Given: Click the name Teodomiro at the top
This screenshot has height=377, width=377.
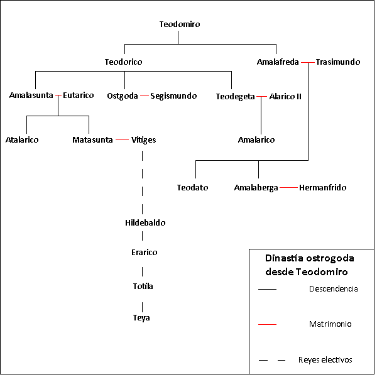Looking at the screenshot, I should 180,25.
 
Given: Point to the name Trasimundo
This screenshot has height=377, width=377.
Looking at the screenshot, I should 338,62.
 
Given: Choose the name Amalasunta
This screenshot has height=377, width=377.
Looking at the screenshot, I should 31,96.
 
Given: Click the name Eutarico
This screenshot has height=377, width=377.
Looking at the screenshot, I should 79,96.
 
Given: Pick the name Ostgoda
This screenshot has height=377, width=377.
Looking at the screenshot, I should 123,96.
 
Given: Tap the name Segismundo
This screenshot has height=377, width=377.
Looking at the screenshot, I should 173,96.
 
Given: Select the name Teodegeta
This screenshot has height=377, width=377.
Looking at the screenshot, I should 235,96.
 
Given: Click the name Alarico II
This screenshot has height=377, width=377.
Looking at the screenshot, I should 285,96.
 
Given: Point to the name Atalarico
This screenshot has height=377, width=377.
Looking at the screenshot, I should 22,139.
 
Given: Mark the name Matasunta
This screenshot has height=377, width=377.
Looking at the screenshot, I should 92,139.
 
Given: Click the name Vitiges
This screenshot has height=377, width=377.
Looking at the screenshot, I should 144,139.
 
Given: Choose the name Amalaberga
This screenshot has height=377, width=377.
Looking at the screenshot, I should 256,187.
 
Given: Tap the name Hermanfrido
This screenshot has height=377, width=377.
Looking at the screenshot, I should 322,187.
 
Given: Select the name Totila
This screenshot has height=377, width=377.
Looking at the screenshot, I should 142,286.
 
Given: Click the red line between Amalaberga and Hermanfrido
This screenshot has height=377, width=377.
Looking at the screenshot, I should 288,187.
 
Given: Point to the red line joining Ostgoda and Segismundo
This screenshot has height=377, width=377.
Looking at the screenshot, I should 144,96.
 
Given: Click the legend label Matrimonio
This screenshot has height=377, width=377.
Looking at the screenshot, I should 330,324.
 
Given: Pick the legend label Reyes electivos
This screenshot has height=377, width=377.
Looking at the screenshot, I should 325,360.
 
